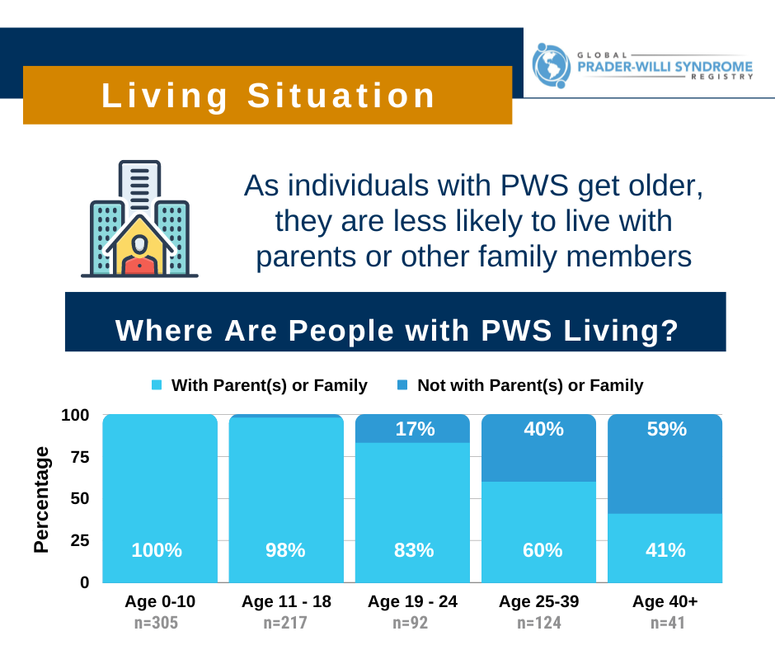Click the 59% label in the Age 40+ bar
click(x=665, y=430)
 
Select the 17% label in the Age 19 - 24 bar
click(x=412, y=430)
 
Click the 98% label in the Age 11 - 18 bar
click(x=286, y=550)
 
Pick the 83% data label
click(x=412, y=550)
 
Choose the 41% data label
click(x=665, y=550)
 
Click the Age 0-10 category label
click(x=160, y=602)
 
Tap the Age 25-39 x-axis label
click(x=538, y=602)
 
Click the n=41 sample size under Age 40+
click(x=665, y=624)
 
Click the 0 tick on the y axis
click(x=85, y=582)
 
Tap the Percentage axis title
click(x=41, y=499)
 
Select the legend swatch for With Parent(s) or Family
click(x=157, y=385)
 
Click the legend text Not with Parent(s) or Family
click(x=530, y=385)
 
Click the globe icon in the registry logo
click(x=551, y=65)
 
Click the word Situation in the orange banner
click(x=341, y=96)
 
